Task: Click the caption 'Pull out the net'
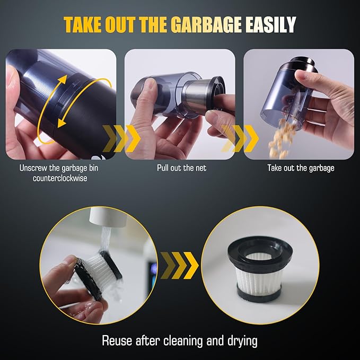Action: point(181,168)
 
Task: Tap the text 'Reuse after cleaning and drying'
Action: point(180,340)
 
